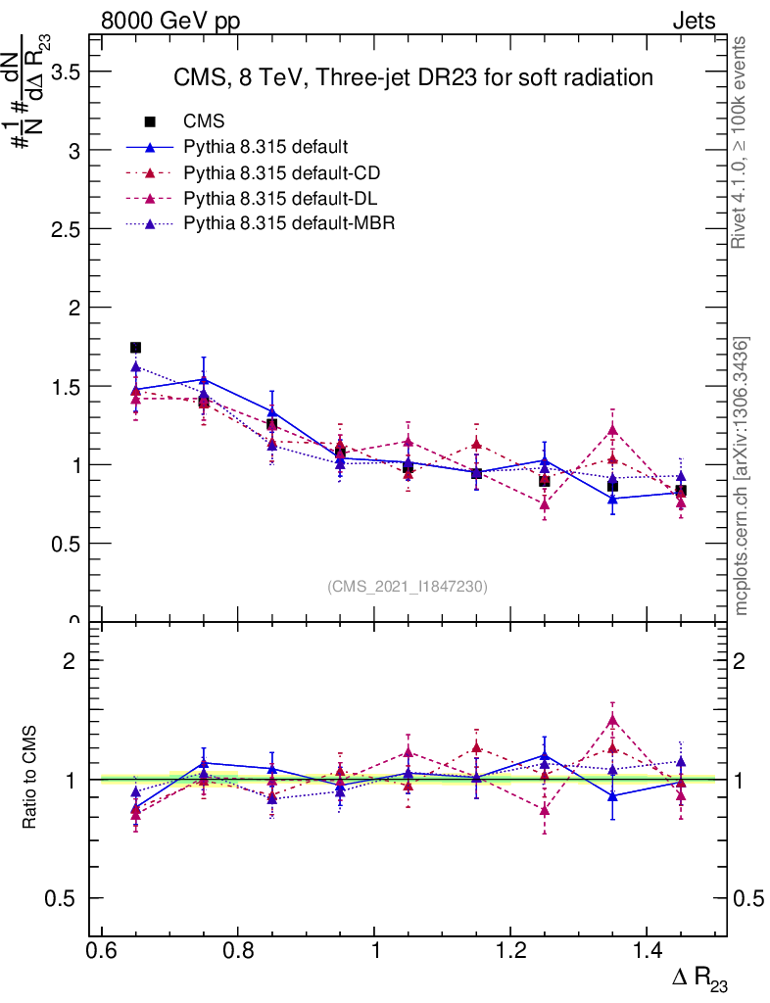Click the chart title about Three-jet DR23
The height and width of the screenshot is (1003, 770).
(412, 77)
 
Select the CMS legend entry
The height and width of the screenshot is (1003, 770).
(205, 121)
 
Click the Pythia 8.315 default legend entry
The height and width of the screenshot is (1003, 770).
(265, 147)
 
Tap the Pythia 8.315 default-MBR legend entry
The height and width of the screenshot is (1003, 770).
(289, 223)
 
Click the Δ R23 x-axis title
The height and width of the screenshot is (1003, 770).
(700, 980)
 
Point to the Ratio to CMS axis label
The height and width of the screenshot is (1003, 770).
(29, 779)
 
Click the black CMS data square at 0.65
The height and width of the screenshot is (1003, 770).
(135, 348)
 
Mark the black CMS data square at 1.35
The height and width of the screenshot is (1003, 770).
(612, 486)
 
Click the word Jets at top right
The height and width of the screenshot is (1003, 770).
(694, 22)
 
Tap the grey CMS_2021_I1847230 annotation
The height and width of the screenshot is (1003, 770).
(408, 586)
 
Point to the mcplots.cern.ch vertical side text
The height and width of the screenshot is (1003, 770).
(742, 476)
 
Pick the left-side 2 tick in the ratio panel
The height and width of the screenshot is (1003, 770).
(70, 661)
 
